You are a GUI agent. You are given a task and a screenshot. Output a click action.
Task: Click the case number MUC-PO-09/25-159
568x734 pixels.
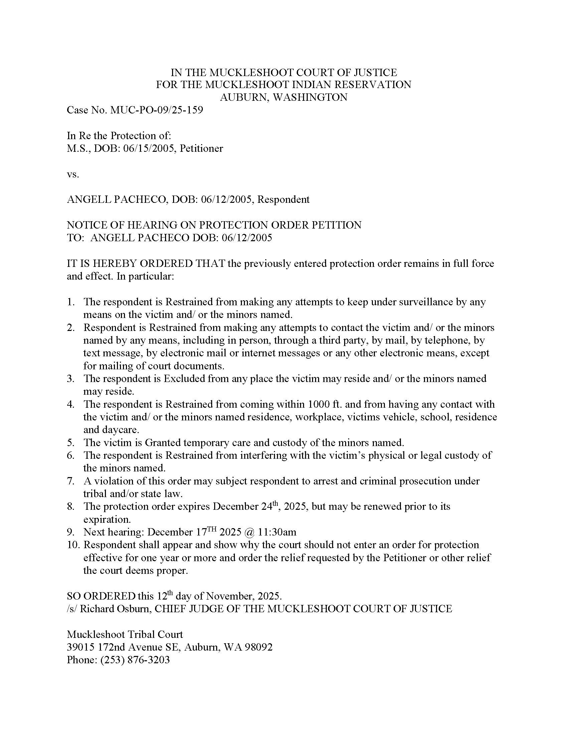pos(156,110)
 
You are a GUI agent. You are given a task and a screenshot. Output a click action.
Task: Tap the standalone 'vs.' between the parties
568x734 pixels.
pos(73,174)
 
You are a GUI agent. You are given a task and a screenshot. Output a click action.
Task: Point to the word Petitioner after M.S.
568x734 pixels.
pos(201,148)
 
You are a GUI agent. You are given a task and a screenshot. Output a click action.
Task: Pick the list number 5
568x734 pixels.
pos(70,443)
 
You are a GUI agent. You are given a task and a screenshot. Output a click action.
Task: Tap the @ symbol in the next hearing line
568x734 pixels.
pos(250,532)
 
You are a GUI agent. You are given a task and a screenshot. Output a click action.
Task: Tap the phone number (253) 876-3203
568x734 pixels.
pos(135,660)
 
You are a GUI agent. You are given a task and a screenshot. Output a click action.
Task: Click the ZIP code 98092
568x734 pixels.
pos(258,647)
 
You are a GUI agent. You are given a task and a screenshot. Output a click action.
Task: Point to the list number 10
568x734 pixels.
pos(73,545)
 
